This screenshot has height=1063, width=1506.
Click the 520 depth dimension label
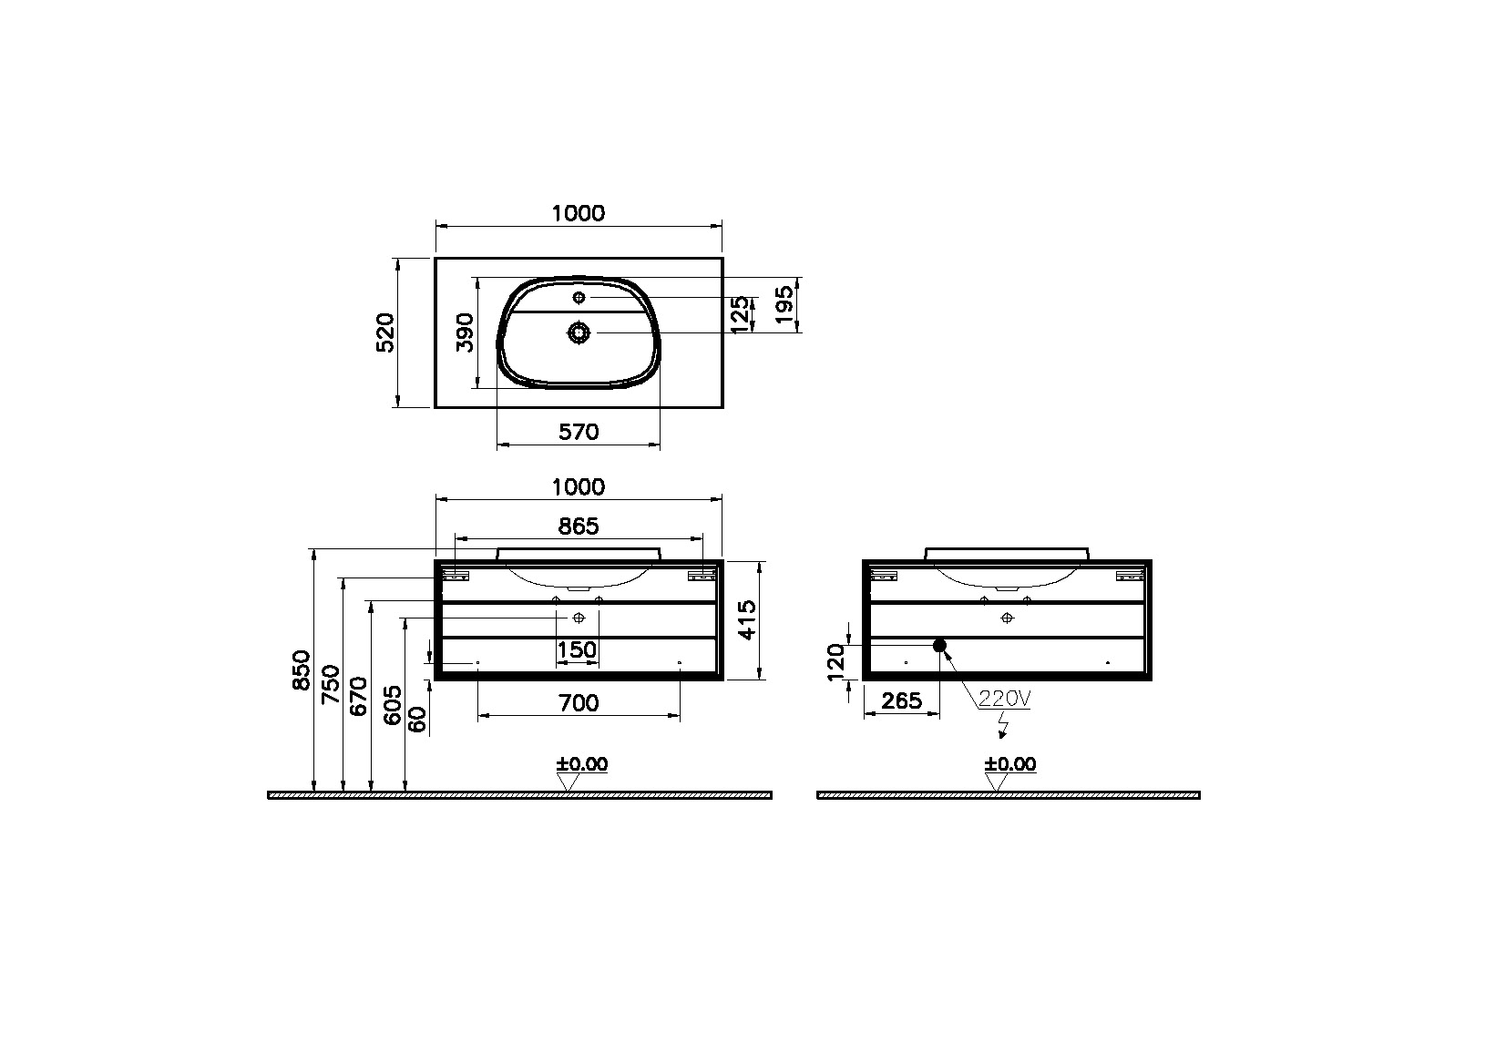385,332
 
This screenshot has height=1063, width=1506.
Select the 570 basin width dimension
579,432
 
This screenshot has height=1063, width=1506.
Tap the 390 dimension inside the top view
466,332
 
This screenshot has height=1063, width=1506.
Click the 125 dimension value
741,314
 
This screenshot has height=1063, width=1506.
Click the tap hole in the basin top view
579,298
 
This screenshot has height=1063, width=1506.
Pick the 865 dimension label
579,526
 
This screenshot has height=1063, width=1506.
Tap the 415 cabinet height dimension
748,619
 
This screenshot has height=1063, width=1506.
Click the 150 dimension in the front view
577,650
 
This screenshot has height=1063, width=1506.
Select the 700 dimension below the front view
579,703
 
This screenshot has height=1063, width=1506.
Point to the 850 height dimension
302,669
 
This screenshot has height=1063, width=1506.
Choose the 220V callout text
1004,700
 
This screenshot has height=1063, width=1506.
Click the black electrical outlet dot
940,646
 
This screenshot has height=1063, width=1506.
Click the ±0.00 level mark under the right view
1009,764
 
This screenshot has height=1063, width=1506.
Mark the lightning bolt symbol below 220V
1003,727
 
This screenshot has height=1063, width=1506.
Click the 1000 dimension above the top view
579,213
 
